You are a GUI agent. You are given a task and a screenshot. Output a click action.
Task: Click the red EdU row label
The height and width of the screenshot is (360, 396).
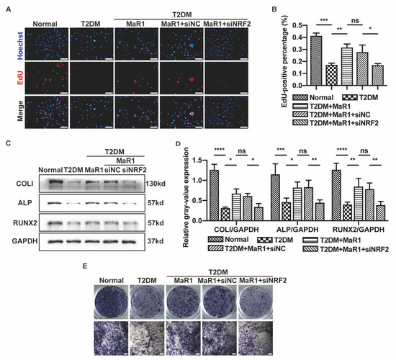coord(11,73)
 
